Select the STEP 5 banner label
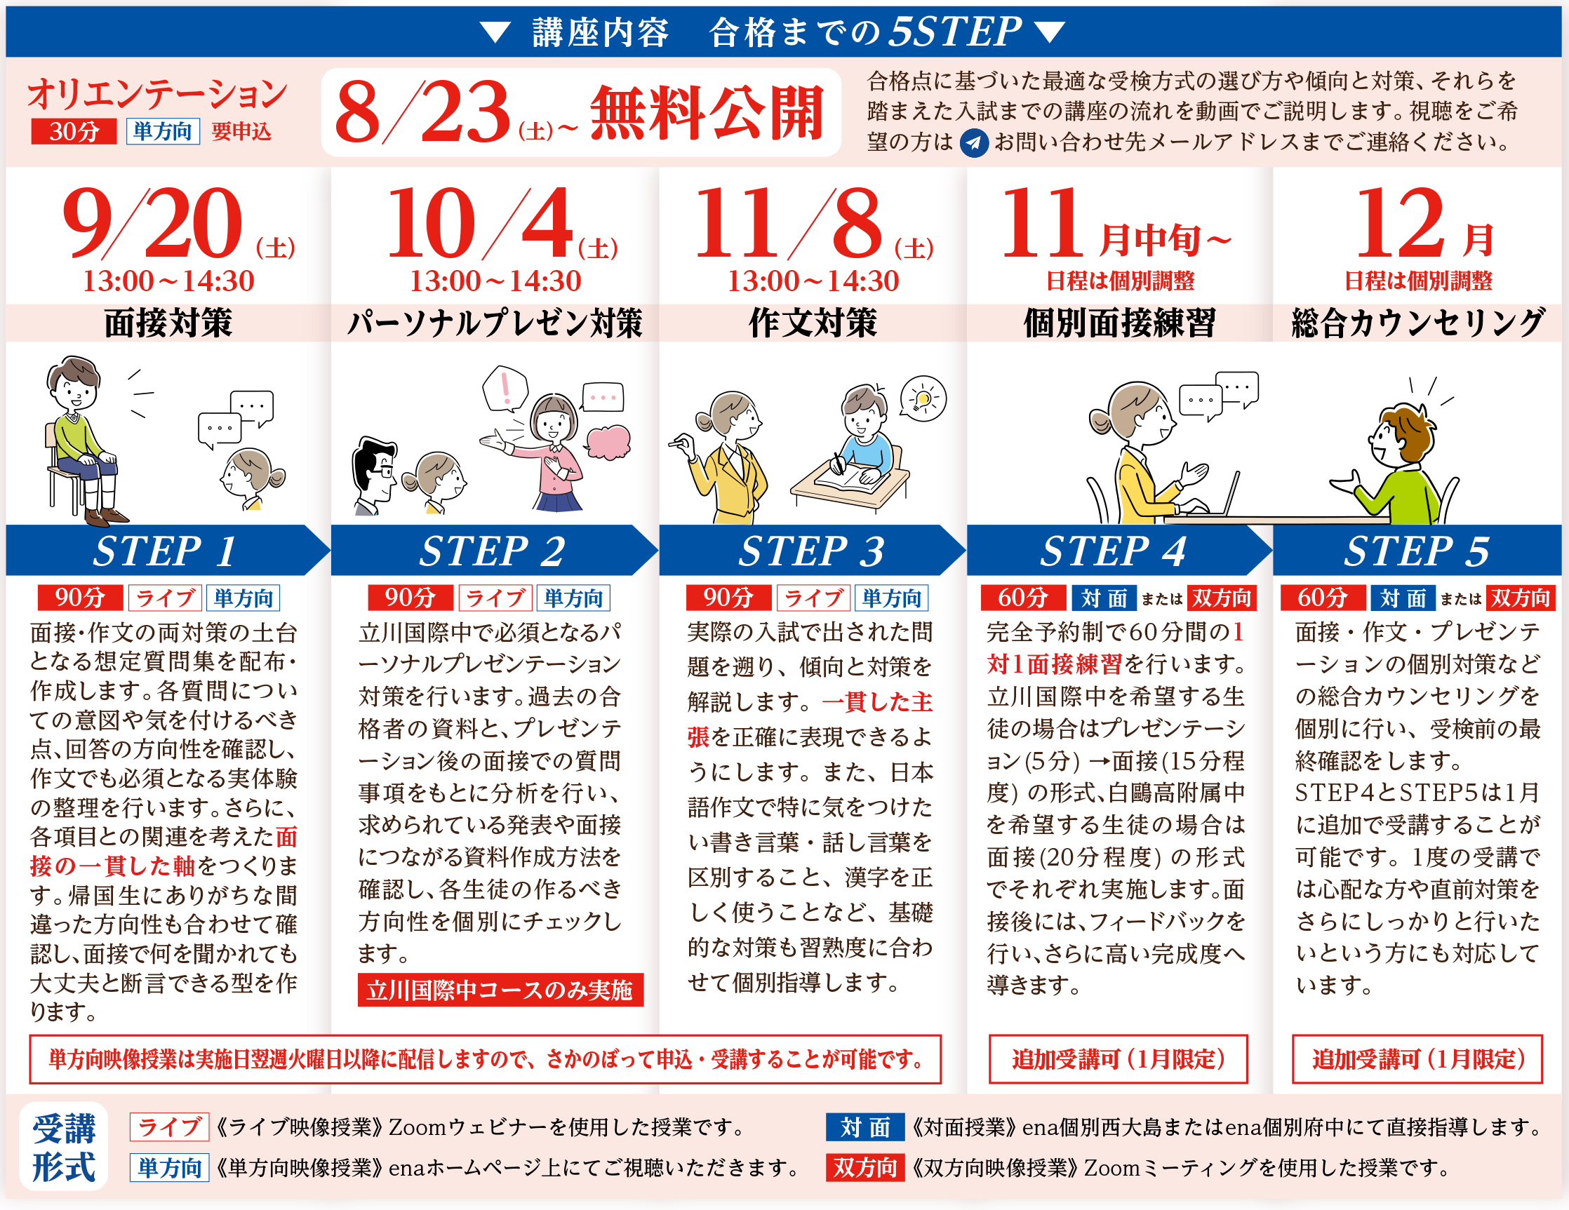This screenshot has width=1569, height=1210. [x=1417, y=551]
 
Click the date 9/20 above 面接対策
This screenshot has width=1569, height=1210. [x=154, y=222]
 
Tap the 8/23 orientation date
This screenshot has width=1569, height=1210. [x=424, y=112]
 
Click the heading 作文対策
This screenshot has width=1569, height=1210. [x=813, y=323]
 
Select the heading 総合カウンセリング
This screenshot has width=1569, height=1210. [x=1417, y=323]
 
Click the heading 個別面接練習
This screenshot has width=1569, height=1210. [x=1119, y=323]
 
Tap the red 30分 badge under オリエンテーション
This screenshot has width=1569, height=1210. [x=73, y=131]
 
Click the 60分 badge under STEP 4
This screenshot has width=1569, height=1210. [x=1023, y=598]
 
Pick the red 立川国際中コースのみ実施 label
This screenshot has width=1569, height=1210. [x=500, y=990]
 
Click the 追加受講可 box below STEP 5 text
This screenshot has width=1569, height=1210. [x=1417, y=1058]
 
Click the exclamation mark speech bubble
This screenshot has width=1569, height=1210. [x=505, y=389]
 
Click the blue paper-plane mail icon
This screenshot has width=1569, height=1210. [x=974, y=142]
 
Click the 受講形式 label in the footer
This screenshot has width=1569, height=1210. [x=63, y=1147]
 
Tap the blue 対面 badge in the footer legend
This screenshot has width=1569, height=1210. [x=864, y=1127]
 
